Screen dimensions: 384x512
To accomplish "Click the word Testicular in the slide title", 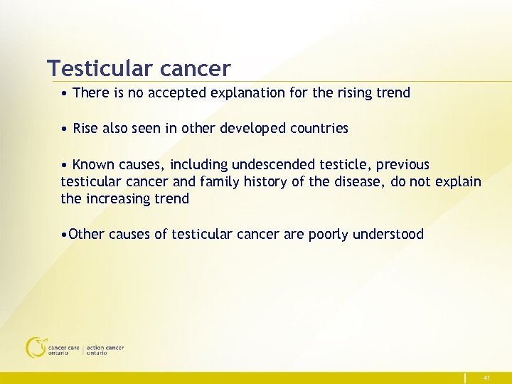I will click(100, 68).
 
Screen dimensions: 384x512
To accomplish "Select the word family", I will click(219, 182).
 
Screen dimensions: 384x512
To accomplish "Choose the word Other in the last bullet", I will click(87, 235).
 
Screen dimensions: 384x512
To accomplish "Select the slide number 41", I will click(486, 378).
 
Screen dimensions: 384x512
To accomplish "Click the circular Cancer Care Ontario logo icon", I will click(34, 347).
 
